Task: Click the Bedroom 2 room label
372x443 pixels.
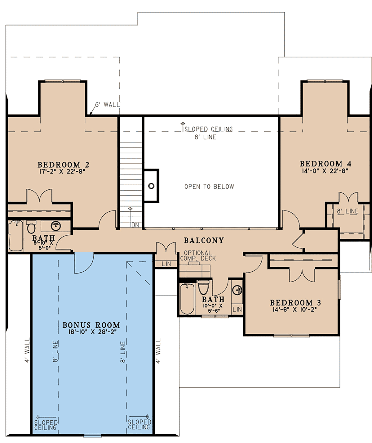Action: coord(63,165)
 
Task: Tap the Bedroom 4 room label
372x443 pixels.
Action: coord(325,164)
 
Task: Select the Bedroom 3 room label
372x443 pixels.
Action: coord(295,303)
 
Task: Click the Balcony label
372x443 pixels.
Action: coord(204,240)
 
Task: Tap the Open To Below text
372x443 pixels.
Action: coord(209,187)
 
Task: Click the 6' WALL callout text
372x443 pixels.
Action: coord(107,105)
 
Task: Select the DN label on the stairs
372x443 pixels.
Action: coord(135,225)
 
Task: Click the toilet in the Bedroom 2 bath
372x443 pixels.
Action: coord(31,227)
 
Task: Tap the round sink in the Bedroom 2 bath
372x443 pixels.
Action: coord(56,226)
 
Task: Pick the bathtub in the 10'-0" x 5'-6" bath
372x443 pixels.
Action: coord(187,299)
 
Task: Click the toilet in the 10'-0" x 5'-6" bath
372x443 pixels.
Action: coord(203,287)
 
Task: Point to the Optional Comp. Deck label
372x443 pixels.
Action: coord(198,255)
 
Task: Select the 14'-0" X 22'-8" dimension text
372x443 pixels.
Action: coord(325,171)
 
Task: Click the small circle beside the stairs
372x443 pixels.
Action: coord(151,186)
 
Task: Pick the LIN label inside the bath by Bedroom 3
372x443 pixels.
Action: coord(237,310)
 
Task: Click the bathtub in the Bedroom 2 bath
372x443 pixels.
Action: coord(15,236)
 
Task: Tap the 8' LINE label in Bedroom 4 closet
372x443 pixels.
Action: coord(348,211)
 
